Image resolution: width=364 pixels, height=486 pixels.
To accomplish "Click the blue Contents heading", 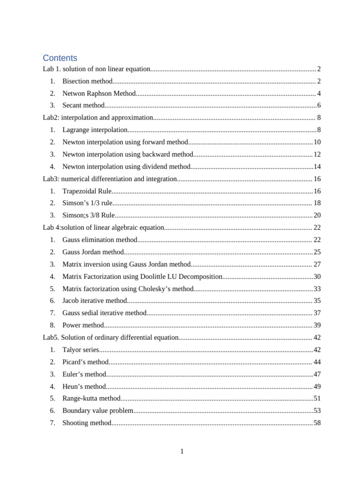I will [60, 58].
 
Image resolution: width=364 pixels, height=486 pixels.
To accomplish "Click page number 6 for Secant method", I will [319, 105].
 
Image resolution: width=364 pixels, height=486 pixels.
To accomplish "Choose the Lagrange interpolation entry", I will [95, 130].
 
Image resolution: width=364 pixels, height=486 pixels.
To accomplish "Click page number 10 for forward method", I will [317, 142].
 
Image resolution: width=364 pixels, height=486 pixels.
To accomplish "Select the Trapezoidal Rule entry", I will [87, 191].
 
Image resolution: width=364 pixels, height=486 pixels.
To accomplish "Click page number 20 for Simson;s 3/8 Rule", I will [317, 215].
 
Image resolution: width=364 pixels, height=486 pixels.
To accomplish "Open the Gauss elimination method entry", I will [100, 240].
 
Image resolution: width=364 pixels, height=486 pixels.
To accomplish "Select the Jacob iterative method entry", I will [95, 300].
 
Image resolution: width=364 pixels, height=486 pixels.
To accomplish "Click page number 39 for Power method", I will [317, 325].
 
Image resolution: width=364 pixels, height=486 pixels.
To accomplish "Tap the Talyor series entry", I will [81, 350].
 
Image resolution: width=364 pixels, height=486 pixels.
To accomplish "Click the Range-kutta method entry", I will [91, 399].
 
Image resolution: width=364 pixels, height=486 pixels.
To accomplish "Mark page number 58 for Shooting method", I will [317, 423].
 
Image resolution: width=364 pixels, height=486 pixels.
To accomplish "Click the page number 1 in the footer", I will [182, 451].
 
